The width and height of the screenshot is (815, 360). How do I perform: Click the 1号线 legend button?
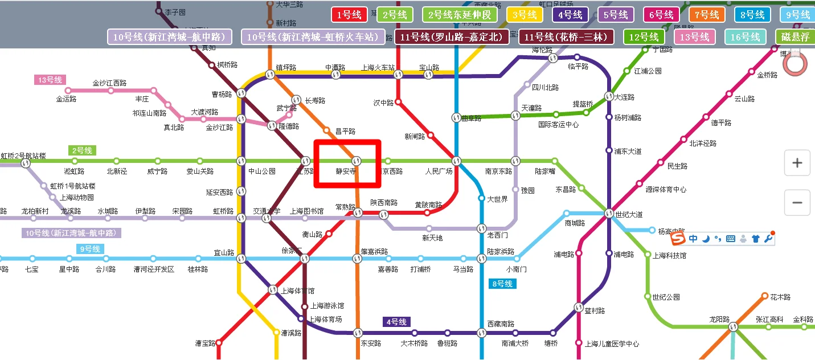tap(349, 15)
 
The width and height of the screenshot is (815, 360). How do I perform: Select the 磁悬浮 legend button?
tap(796, 37)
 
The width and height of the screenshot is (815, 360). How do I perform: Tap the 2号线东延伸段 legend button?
tap(459, 15)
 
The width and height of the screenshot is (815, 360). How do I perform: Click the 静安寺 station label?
tap(346, 171)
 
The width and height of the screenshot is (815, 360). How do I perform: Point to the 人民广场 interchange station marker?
tap(456, 161)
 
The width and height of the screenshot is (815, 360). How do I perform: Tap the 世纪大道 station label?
tap(629, 215)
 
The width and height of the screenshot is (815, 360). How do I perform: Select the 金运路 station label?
tap(66, 99)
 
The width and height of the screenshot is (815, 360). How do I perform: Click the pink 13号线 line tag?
tap(50, 80)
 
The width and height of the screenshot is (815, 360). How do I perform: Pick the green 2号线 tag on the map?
tap(82, 150)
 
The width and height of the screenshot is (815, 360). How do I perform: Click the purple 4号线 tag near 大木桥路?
tap(396, 322)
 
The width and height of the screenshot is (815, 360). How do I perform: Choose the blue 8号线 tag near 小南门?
tap(502, 283)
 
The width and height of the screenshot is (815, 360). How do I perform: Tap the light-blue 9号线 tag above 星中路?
tap(90, 249)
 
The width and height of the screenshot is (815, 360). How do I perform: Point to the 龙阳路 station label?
tap(719, 320)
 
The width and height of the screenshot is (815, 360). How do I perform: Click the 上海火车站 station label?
tap(378, 68)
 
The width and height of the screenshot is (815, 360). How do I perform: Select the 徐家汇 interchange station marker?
tap(305, 259)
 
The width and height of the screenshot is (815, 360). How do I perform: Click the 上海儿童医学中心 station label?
tap(612, 344)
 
